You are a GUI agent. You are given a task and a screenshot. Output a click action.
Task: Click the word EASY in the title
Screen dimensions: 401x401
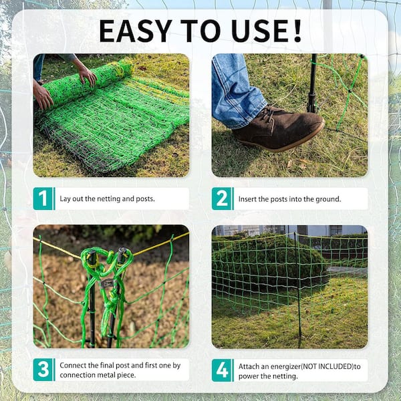(x=135, y=31)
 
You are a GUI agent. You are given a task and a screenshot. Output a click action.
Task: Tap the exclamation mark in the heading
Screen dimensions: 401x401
(x=297, y=31)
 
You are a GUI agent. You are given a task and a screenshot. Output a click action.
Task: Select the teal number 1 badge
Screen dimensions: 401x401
(x=43, y=198)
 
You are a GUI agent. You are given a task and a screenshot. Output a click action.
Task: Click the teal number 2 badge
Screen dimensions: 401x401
(x=222, y=198)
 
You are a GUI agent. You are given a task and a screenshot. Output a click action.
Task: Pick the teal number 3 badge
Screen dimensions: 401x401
(x=43, y=370)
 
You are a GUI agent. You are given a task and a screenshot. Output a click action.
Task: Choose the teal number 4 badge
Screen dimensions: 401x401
(x=222, y=370)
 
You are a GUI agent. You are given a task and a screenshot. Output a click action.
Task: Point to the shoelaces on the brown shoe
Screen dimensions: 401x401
(x=268, y=114)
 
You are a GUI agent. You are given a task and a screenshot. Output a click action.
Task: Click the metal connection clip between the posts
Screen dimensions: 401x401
(x=108, y=283)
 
